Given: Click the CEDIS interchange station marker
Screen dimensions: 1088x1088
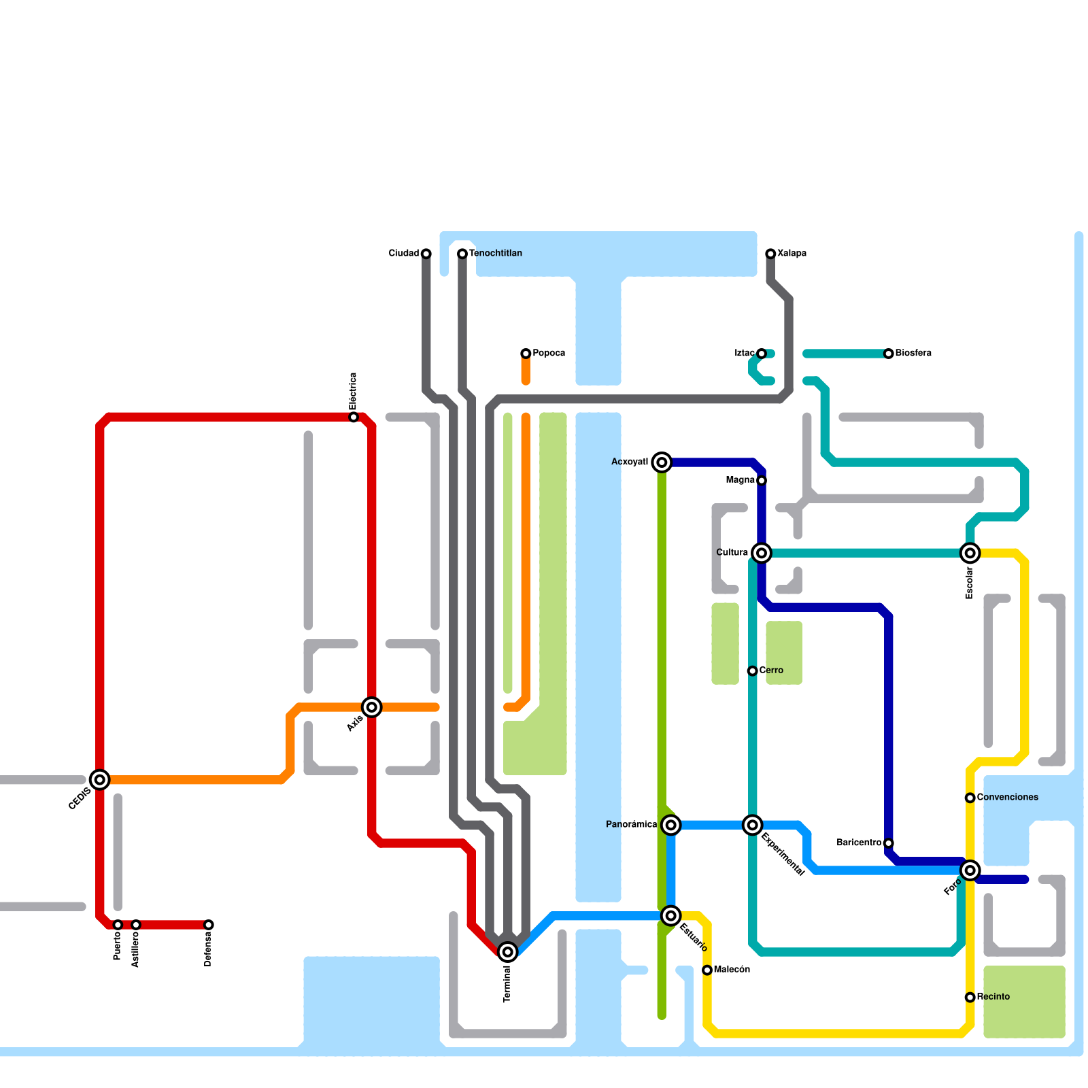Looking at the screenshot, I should [100, 780].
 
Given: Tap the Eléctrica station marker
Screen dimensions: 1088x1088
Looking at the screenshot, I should [354, 417].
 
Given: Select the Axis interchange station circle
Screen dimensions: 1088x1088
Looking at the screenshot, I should [372, 707].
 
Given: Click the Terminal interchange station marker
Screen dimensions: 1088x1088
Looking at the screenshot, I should [507, 952].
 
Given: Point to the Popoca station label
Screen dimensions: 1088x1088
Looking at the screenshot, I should [549, 353].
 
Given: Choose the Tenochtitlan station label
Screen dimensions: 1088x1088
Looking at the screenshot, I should [496, 253].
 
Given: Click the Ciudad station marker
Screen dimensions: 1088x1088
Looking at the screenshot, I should [426, 254].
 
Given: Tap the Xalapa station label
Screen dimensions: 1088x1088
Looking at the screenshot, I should [792, 253].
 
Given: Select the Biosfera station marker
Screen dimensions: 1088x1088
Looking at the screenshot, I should [889, 354].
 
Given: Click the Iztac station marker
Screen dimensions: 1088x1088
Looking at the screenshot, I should [762, 354].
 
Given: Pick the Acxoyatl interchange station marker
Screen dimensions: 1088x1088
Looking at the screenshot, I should [662, 462].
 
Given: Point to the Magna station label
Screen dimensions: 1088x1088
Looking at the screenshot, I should [740, 480].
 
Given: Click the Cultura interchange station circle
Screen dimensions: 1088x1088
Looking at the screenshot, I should [762, 553].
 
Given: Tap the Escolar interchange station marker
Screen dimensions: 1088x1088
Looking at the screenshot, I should [970, 553].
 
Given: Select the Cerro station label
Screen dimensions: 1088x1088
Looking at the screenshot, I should [771, 670].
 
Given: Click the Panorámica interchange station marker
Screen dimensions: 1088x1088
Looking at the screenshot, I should [671, 825].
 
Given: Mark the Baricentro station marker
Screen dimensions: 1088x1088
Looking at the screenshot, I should [889, 843].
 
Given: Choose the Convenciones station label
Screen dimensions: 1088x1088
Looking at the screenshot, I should [1007, 797].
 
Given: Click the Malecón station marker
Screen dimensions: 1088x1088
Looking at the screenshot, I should [707, 970].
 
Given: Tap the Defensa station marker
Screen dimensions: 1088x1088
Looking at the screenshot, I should [209, 925].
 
